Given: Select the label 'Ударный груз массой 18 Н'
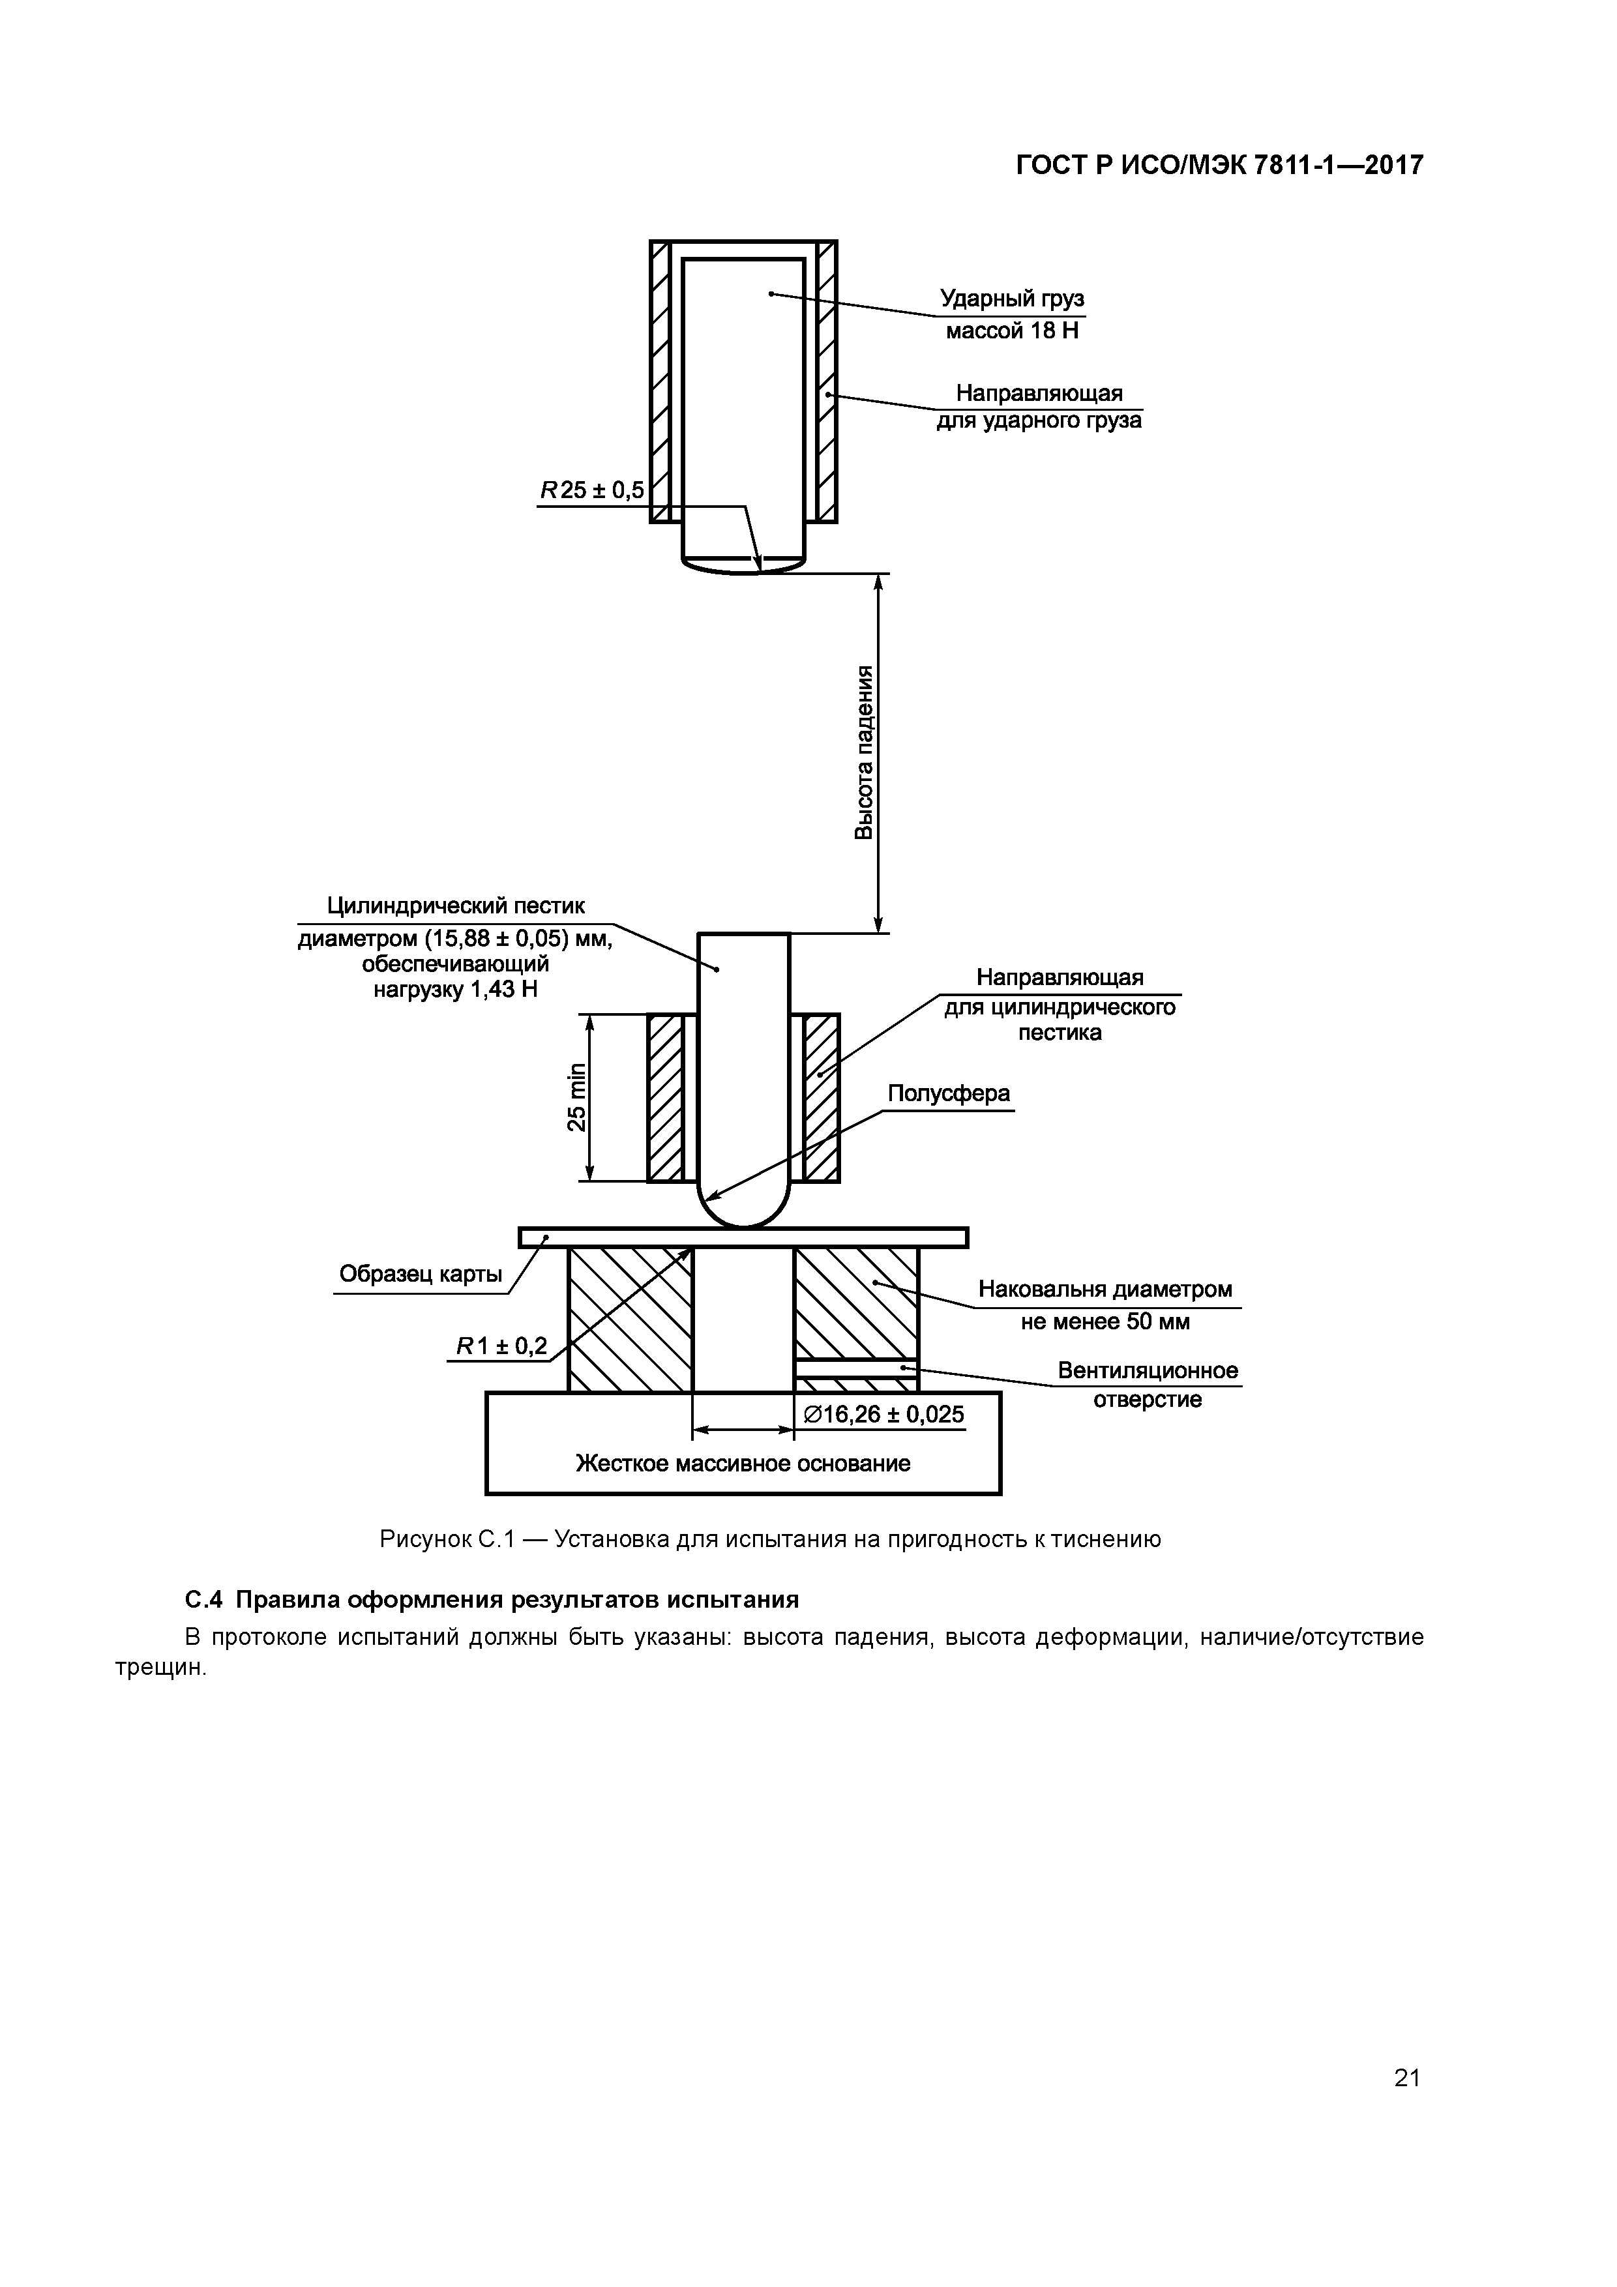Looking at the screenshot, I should (x=1012, y=314).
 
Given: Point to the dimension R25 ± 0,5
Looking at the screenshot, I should (x=592, y=490).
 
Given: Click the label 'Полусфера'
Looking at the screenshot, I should (x=947, y=1094).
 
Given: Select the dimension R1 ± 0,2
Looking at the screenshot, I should (x=501, y=1347).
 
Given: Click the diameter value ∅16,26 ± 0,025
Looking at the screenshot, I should (x=883, y=1415).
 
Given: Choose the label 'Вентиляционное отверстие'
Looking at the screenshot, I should (x=1148, y=1385).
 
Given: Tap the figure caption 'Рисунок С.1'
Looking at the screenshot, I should (x=447, y=1539).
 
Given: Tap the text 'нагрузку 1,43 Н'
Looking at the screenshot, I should (x=454, y=990).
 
